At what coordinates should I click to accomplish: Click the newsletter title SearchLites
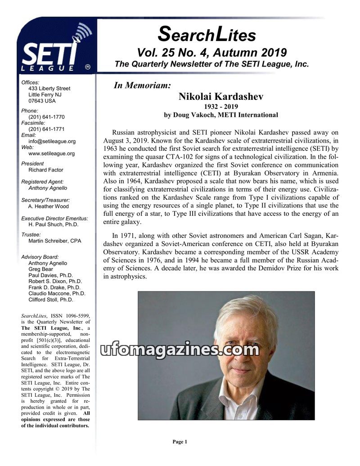coord(207,34)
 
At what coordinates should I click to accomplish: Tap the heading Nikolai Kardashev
coord(220,96)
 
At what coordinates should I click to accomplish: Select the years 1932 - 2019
coord(220,107)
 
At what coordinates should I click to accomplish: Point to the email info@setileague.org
coord(52,141)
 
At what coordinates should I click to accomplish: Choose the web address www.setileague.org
coord(51,153)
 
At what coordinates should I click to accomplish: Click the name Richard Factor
coord(46,170)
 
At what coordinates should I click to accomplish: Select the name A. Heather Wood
coord(49,206)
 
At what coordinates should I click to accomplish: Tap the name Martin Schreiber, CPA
coord(55,241)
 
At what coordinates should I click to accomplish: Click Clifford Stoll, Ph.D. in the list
coord(50,299)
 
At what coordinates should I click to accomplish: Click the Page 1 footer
coord(180,442)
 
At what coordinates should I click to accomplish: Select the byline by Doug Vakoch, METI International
coord(220,115)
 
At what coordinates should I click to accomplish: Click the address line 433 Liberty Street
coord(49,89)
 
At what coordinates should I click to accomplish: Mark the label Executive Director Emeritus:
coord(54,219)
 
